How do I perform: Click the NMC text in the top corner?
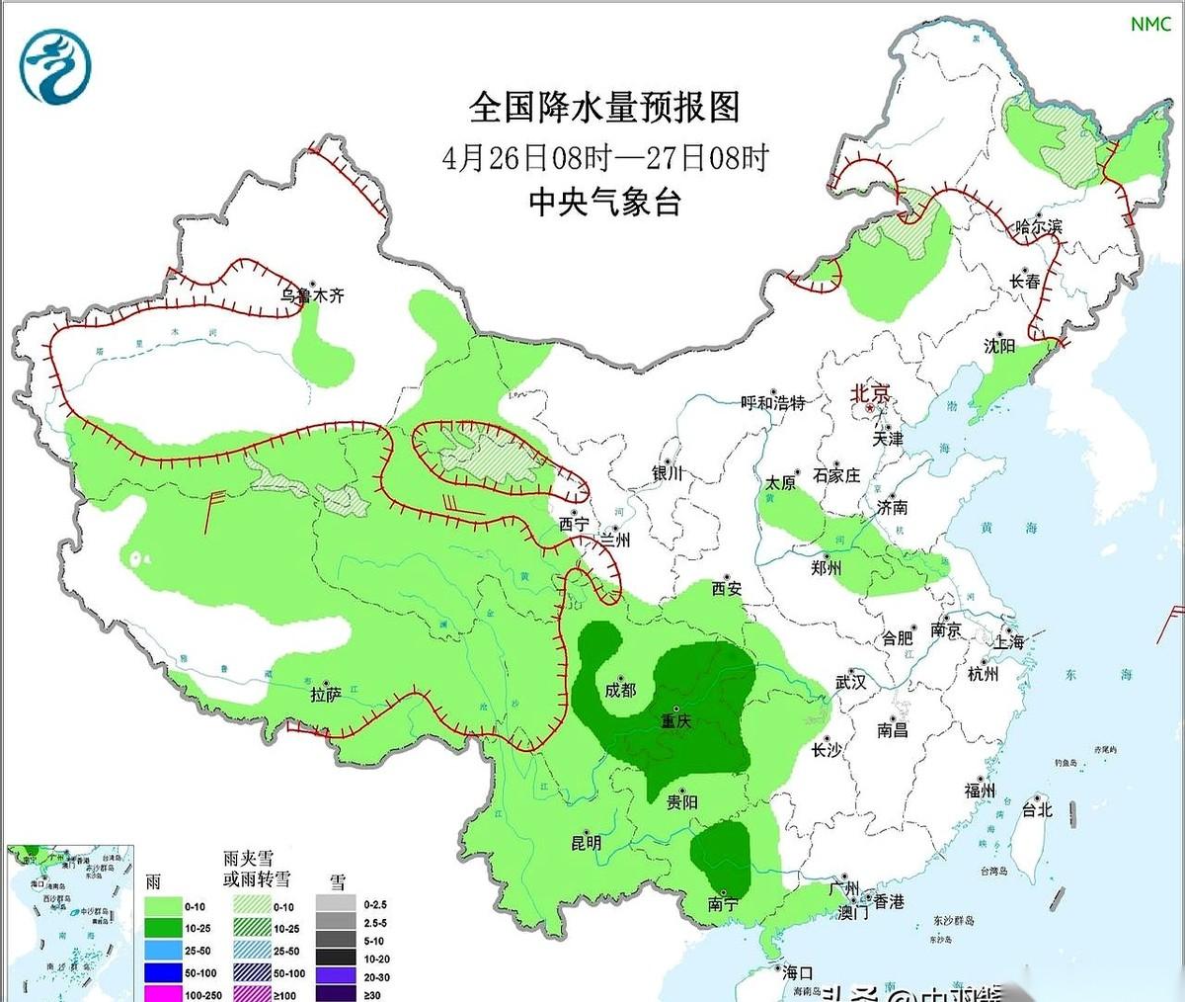click(x=1150, y=24)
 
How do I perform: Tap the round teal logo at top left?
click(x=55, y=67)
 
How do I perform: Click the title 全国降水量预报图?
click(x=604, y=107)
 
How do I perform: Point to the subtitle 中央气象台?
click(x=604, y=203)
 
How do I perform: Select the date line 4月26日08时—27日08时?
click(x=604, y=157)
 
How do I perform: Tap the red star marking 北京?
click(x=869, y=407)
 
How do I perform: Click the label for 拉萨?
click(x=326, y=695)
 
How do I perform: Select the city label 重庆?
click(x=676, y=721)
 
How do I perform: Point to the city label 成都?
click(x=620, y=690)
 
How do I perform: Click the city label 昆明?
click(x=586, y=843)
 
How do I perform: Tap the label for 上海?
click(x=1009, y=640)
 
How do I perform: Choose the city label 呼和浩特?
click(x=773, y=403)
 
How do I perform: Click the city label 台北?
click(x=1036, y=809)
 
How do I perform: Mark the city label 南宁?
click(x=723, y=903)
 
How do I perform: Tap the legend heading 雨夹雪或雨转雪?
click(x=257, y=868)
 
